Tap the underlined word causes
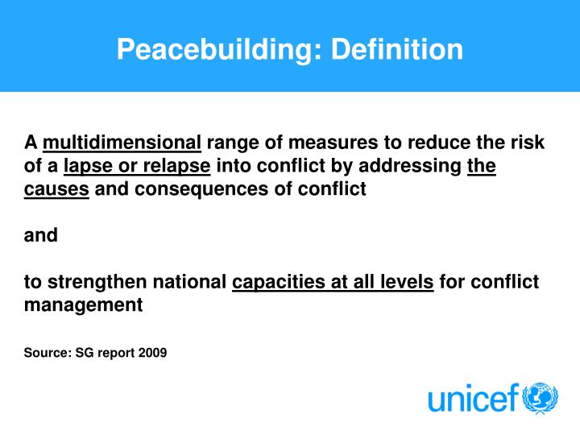click(x=56, y=190)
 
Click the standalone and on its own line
click(x=40, y=236)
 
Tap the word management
click(x=83, y=305)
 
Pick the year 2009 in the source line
click(x=152, y=352)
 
